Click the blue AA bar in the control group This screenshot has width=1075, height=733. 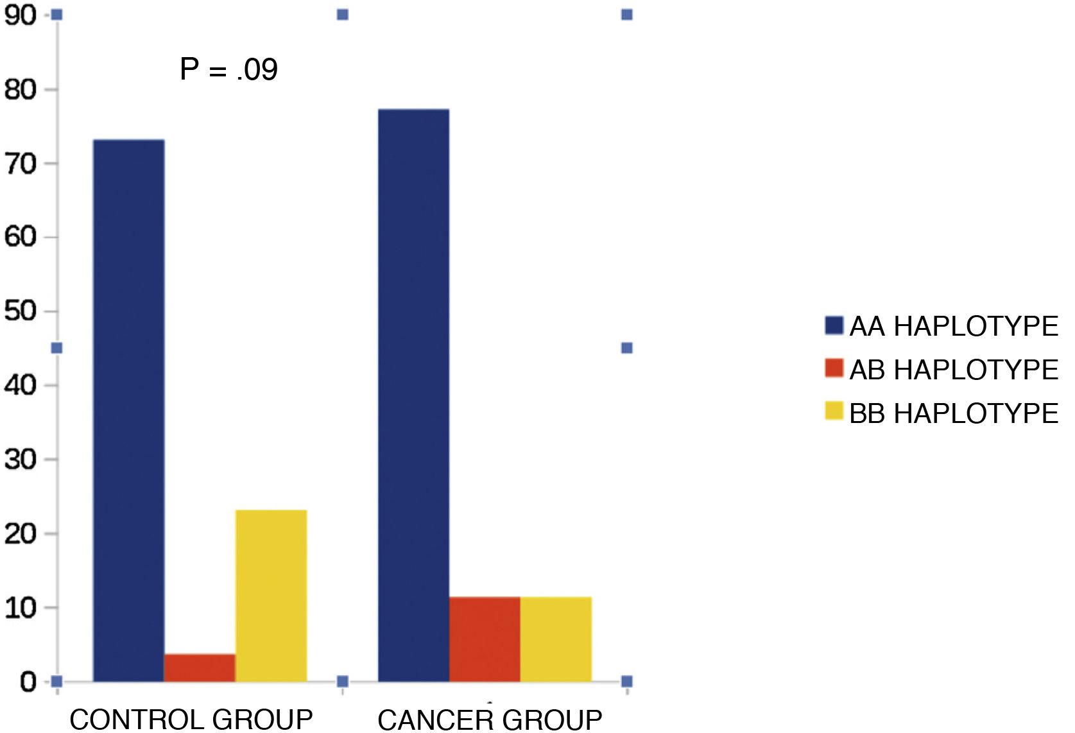[128, 411]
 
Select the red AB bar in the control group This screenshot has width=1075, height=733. [200, 668]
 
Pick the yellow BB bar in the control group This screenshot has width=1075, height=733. [271, 596]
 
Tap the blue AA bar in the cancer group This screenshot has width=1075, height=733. [413, 395]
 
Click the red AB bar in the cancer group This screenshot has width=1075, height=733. [485, 639]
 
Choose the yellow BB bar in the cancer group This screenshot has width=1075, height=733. [556, 639]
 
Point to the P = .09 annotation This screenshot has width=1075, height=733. [228, 69]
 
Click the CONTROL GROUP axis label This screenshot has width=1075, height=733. [191, 720]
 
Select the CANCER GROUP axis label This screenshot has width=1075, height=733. [490, 720]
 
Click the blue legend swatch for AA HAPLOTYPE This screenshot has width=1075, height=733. [834, 325]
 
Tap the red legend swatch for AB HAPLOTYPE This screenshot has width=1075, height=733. [834, 368]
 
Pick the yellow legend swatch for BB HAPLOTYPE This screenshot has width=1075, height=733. [834, 411]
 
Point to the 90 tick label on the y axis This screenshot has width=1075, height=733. [21, 15]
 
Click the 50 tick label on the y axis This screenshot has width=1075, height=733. [21, 311]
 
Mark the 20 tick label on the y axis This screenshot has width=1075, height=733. [21, 533]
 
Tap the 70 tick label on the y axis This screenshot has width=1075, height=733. [21, 163]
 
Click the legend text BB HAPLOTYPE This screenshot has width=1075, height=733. [954, 413]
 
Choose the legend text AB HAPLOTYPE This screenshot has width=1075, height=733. [954, 370]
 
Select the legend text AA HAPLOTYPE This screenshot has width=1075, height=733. [954, 327]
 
